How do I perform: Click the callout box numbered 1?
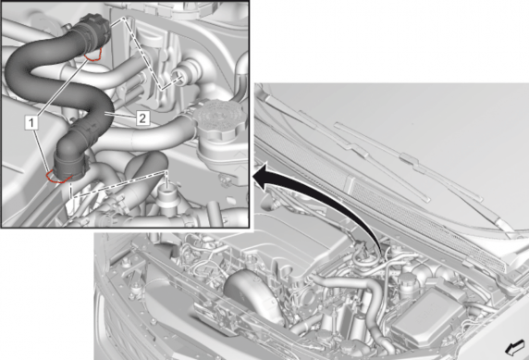[x=31, y=122]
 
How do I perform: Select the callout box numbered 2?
[x=142, y=118]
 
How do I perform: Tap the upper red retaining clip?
[x=93, y=55]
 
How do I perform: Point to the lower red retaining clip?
[x=58, y=178]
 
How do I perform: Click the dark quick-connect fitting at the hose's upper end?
[x=93, y=28]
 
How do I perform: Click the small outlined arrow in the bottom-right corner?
[x=515, y=347]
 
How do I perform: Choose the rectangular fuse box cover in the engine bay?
[x=428, y=317]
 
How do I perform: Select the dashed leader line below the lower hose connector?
[x=118, y=184]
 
